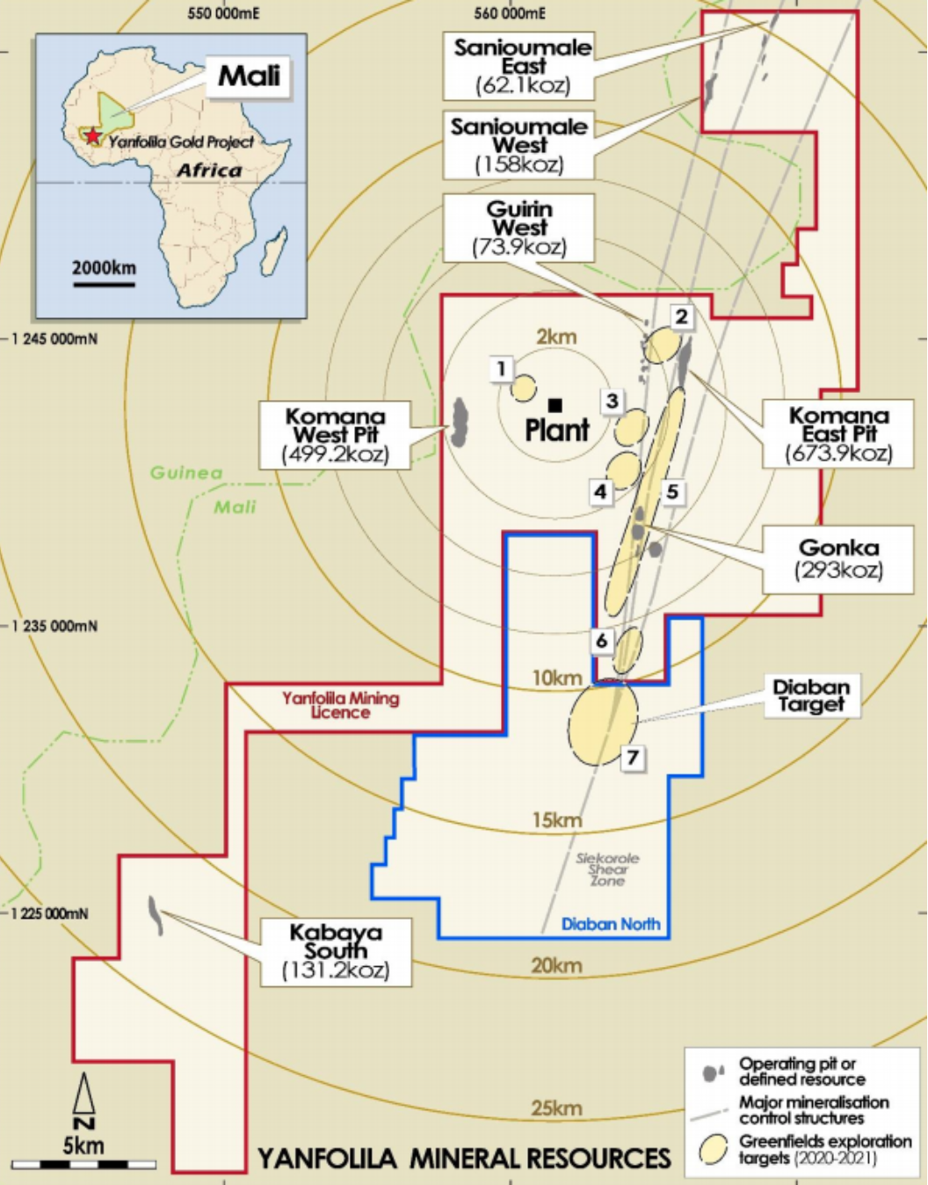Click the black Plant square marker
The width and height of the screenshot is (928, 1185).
click(x=555, y=405)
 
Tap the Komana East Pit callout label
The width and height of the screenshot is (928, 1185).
click(x=838, y=433)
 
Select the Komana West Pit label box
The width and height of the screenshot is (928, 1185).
click(x=335, y=434)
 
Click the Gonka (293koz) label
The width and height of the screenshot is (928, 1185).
click(x=838, y=558)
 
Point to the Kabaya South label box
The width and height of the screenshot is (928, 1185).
click(x=335, y=950)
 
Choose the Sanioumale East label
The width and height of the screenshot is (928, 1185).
click(x=522, y=66)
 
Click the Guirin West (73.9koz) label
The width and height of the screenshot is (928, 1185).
click(x=518, y=228)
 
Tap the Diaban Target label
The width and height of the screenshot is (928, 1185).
click(x=810, y=695)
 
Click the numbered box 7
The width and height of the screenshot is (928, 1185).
click(x=633, y=757)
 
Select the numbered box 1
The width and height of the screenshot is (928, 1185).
click(x=501, y=368)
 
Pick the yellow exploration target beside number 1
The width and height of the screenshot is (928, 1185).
click(x=524, y=388)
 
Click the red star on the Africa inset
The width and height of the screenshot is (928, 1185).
click(x=92, y=137)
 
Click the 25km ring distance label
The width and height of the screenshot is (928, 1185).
click(x=555, y=1108)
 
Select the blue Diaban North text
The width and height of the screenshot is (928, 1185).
click(x=610, y=924)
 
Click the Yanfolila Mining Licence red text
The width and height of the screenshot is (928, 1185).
click(x=340, y=705)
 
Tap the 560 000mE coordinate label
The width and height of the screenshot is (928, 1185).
click(x=509, y=13)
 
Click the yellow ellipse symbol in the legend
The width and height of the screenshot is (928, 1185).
click(x=713, y=1149)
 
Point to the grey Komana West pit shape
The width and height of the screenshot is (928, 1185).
click(x=459, y=421)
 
